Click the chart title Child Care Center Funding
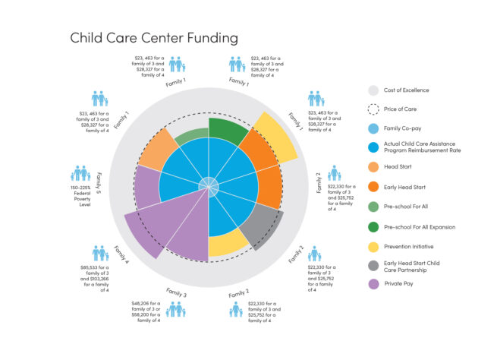click(154, 37)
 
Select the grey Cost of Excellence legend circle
click(373, 90)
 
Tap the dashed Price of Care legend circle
click(373, 110)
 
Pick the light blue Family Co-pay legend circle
click(373, 129)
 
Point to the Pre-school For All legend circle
click(373, 206)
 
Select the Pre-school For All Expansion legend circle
click(373, 226)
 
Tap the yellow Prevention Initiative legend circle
click(373, 245)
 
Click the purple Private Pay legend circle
click(373, 284)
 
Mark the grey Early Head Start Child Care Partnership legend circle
click(373, 264)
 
